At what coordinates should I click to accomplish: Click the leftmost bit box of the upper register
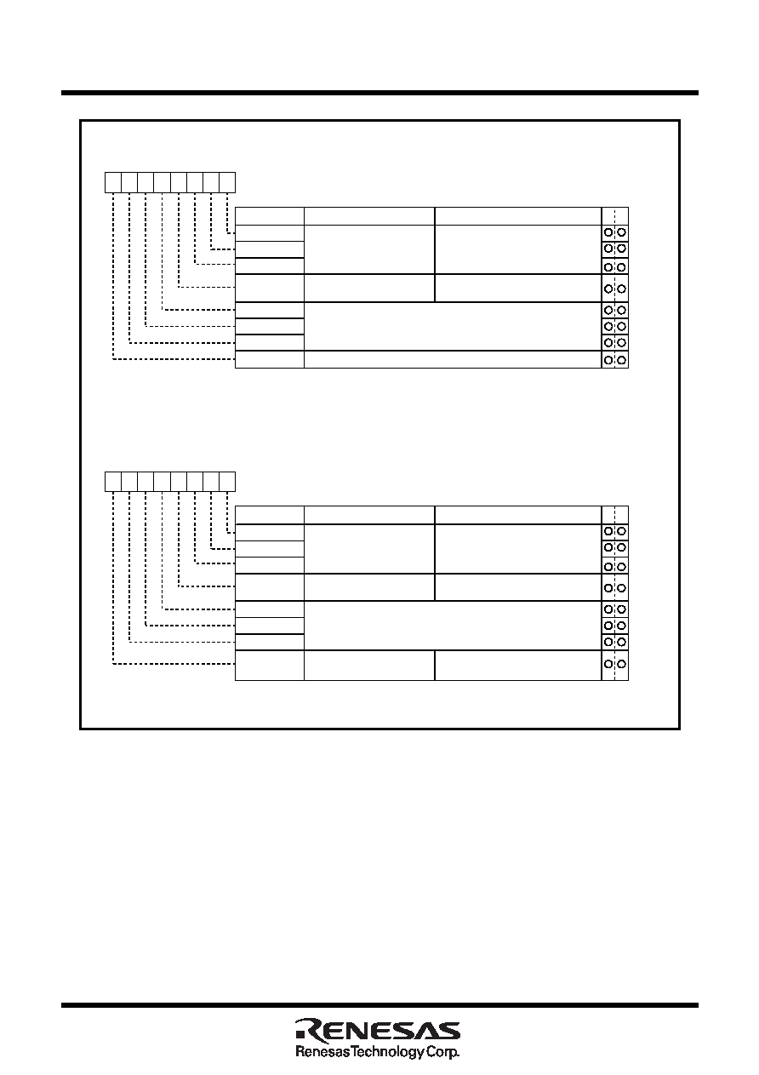[113, 182]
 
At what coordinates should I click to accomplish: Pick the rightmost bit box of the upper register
[227, 182]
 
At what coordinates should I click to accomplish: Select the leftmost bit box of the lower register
[113, 482]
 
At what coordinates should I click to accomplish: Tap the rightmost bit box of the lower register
[227, 482]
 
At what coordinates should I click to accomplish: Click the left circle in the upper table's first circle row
[608, 232]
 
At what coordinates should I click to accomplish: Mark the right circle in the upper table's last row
[622, 360]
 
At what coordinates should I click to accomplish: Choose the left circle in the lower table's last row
[608, 664]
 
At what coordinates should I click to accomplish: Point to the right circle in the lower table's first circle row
[622, 531]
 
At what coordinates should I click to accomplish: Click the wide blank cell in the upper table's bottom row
[453, 359]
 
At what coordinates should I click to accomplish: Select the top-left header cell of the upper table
[270, 216]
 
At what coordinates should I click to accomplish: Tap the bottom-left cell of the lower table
[270, 666]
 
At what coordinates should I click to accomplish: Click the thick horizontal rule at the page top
[379, 93]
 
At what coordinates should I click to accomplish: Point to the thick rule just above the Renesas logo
[379, 1005]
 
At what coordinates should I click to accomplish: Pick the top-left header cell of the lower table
[270, 516]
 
